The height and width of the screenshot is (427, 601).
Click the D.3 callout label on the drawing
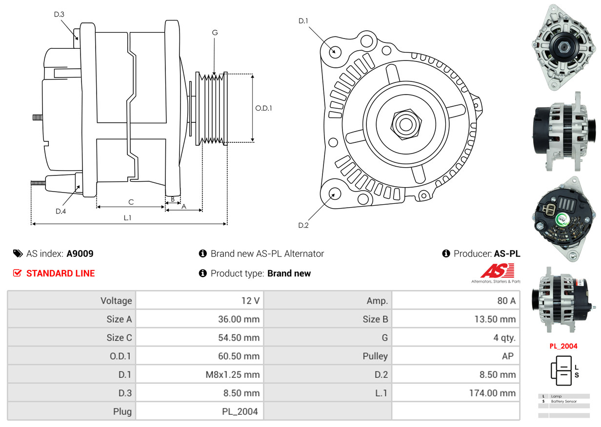59,14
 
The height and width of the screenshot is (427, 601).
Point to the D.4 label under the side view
60,211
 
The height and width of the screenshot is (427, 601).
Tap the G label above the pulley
215,33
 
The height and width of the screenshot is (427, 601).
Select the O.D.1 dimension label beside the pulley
263,108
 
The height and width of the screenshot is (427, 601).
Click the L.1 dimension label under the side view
127,218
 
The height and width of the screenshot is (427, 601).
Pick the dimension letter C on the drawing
131,202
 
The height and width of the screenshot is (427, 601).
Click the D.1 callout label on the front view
303,20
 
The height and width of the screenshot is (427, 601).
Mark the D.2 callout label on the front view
303,225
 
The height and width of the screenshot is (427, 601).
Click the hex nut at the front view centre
405,124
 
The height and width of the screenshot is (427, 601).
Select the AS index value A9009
80,253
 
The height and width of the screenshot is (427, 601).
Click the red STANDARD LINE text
60,273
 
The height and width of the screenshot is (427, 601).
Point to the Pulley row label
375,356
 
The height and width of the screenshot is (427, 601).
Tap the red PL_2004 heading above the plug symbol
563,346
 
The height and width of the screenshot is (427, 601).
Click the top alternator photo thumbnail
563,47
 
